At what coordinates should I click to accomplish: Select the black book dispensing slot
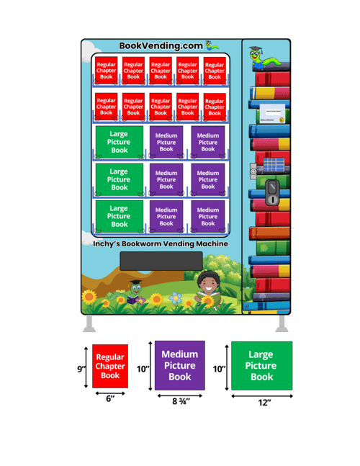[161, 261]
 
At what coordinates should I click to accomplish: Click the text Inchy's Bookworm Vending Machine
[161, 243]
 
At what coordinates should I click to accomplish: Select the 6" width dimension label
[110, 397]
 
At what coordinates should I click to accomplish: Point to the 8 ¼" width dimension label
[179, 401]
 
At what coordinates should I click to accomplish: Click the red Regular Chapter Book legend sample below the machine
[110, 366]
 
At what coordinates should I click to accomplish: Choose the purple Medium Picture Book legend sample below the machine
[180, 365]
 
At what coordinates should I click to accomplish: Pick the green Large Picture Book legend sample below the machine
[261, 365]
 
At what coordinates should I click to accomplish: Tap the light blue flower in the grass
[175, 297]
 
